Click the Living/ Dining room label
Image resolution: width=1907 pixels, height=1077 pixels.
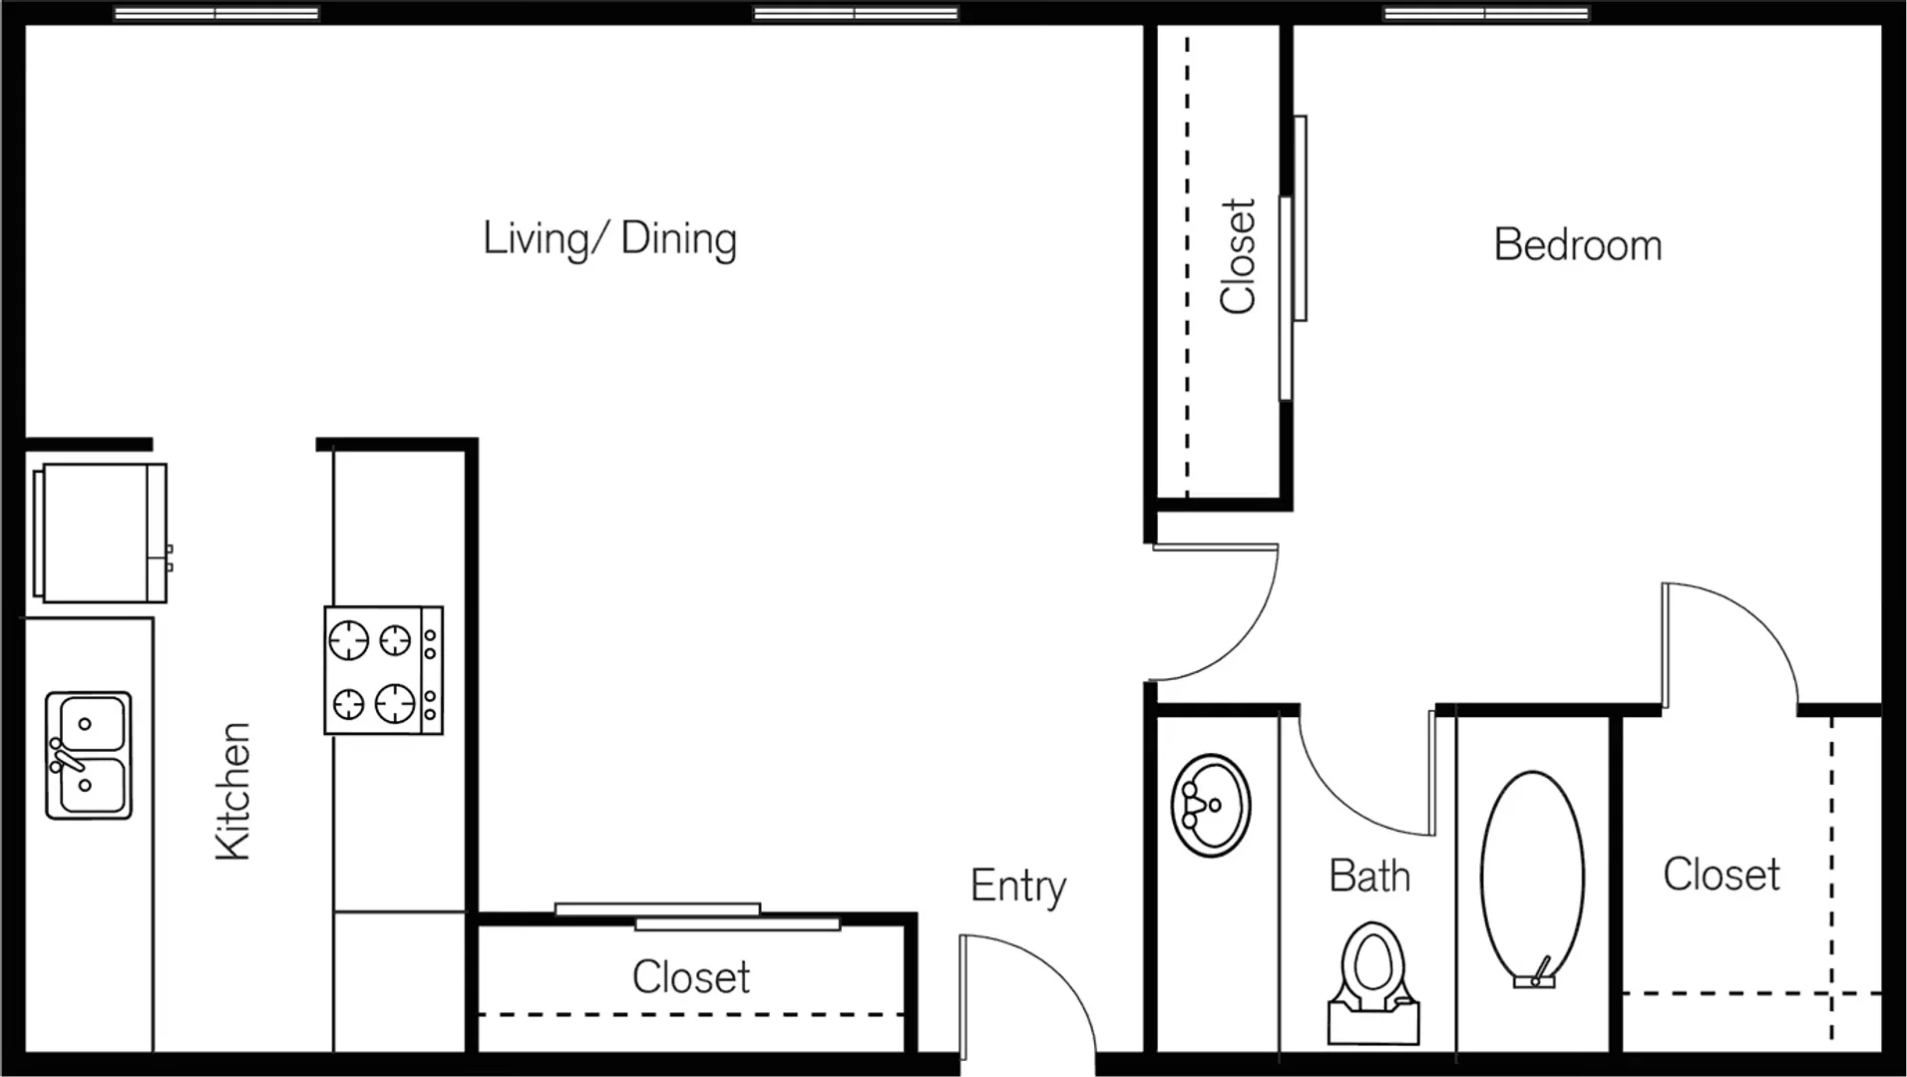[609, 239]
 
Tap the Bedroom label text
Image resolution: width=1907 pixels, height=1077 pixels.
[1578, 245]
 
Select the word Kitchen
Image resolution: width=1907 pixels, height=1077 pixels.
[232, 791]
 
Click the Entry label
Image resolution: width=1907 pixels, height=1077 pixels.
[1018, 887]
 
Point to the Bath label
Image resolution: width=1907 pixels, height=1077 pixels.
[1369, 877]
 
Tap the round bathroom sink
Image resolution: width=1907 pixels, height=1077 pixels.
[1210, 805]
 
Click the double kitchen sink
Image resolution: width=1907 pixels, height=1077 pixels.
[89, 756]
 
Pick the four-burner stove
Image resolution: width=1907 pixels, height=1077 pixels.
[384, 670]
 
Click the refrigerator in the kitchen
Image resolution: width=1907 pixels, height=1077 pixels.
[101, 533]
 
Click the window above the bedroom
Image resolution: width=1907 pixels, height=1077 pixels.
[1486, 14]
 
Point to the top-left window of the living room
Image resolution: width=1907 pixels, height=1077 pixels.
[216, 14]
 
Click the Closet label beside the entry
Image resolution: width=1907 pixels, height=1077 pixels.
[691, 977]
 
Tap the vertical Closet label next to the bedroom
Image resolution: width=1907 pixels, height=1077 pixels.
[1238, 256]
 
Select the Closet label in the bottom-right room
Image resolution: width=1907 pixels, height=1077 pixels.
[1721, 875]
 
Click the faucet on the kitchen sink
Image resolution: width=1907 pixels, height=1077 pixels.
[65, 757]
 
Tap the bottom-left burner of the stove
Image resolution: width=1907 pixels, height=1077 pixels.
[348, 703]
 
